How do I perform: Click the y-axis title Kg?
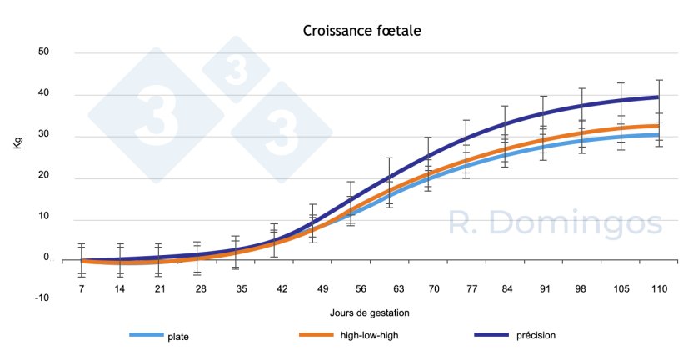coord(17,142)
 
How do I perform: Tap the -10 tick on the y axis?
coord(42,297)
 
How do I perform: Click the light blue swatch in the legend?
coord(150,335)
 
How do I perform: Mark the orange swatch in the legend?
coord(321,335)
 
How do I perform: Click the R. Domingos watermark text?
coord(555,222)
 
